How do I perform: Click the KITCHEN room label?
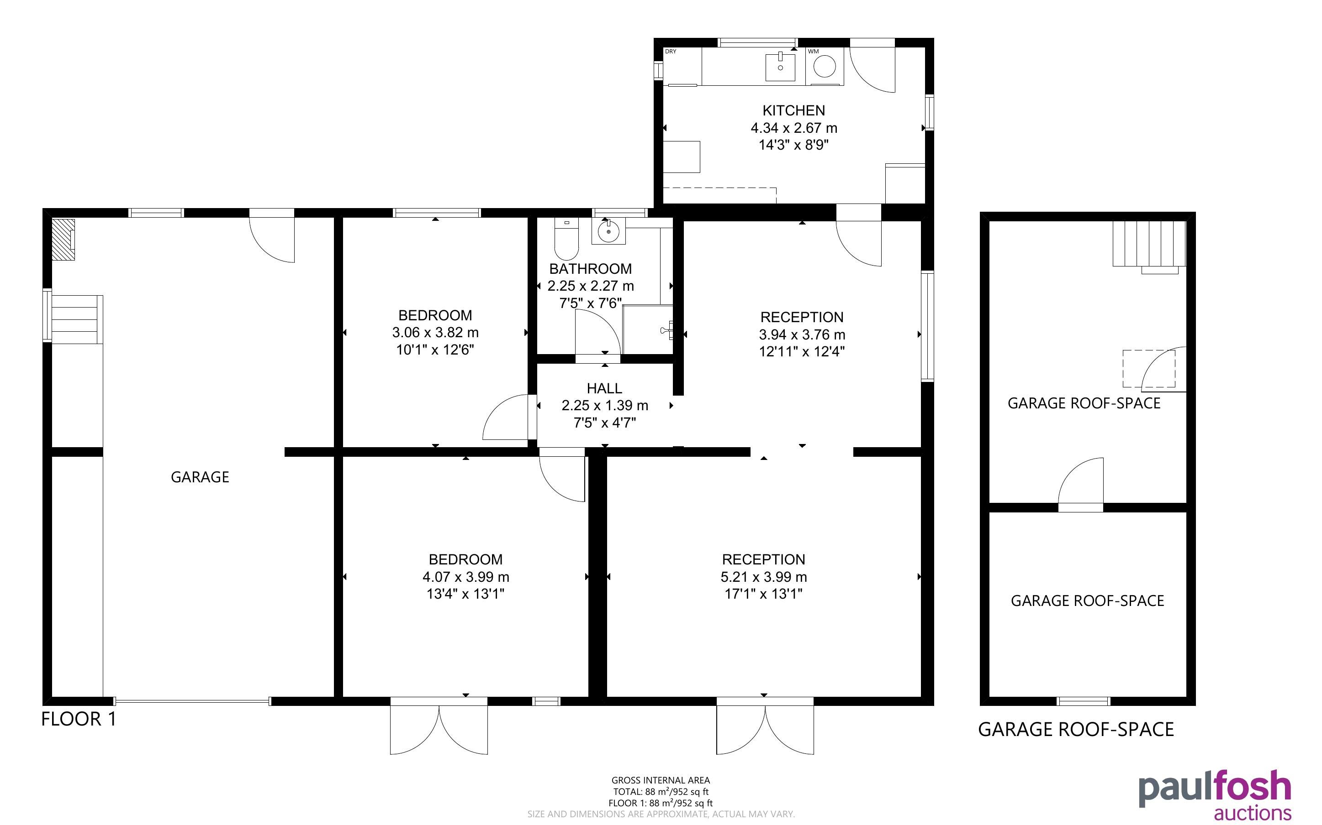[x=793, y=111]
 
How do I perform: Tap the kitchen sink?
[x=780, y=67]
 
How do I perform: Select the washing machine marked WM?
[x=825, y=67]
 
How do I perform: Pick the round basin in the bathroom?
[x=608, y=231]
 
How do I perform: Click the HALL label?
[x=604, y=388]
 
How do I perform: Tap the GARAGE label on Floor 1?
[x=200, y=477]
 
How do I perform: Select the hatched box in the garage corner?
[x=63, y=240]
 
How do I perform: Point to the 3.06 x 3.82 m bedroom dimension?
[x=435, y=332]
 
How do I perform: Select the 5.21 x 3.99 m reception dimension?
[x=763, y=577]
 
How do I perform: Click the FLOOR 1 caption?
[x=79, y=719]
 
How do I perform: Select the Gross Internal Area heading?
[x=661, y=780]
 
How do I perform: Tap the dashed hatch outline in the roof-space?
[x=1149, y=369]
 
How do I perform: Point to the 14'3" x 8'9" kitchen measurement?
[x=793, y=145]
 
